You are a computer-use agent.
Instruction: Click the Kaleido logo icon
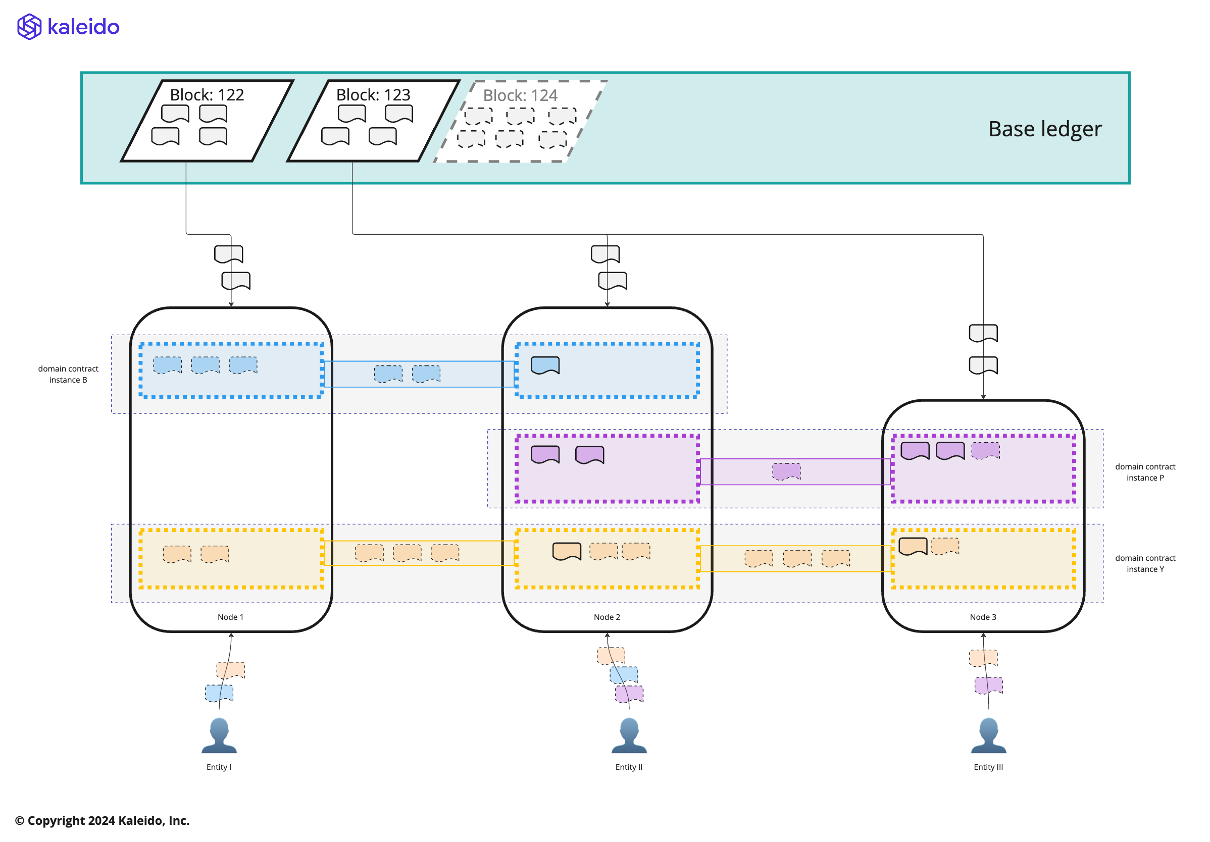pyautogui.click(x=29, y=27)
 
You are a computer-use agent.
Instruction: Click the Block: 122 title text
pyautogui.click(x=207, y=95)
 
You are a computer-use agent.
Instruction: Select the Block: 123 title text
pyautogui.click(x=373, y=95)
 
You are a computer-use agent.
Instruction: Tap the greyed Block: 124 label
pyautogui.click(x=520, y=95)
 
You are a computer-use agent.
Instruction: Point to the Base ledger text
pyautogui.click(x=1044, y=129)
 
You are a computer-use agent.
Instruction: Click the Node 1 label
pyautogui.click(x=230, y=617)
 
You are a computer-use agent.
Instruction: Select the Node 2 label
pyautogui.click(x=607, y=617)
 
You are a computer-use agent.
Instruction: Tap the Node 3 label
pyautogui.click(x=983, y=617)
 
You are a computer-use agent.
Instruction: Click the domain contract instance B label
pyautogui.click(x=68, y=374)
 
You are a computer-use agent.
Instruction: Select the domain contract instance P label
pyautogui.click(x=1145, y=472)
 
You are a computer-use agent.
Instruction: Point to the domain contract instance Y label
pyautogui.click(x=1145, y=563)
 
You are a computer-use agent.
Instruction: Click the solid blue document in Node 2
pyautogui.click(x=545, y=365)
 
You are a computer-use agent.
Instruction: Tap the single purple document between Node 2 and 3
pyautogui.click(x=786, y=471)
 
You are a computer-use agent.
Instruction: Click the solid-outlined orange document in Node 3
pyautogui.click(x=912, y=546)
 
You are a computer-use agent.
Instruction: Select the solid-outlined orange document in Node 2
pyautogui.click(x=567, y=551)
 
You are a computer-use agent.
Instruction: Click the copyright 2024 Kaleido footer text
pyautogui.click(x=102, y=820)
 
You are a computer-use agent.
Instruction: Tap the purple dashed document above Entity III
pyautogui.click(x=988, y=686)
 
